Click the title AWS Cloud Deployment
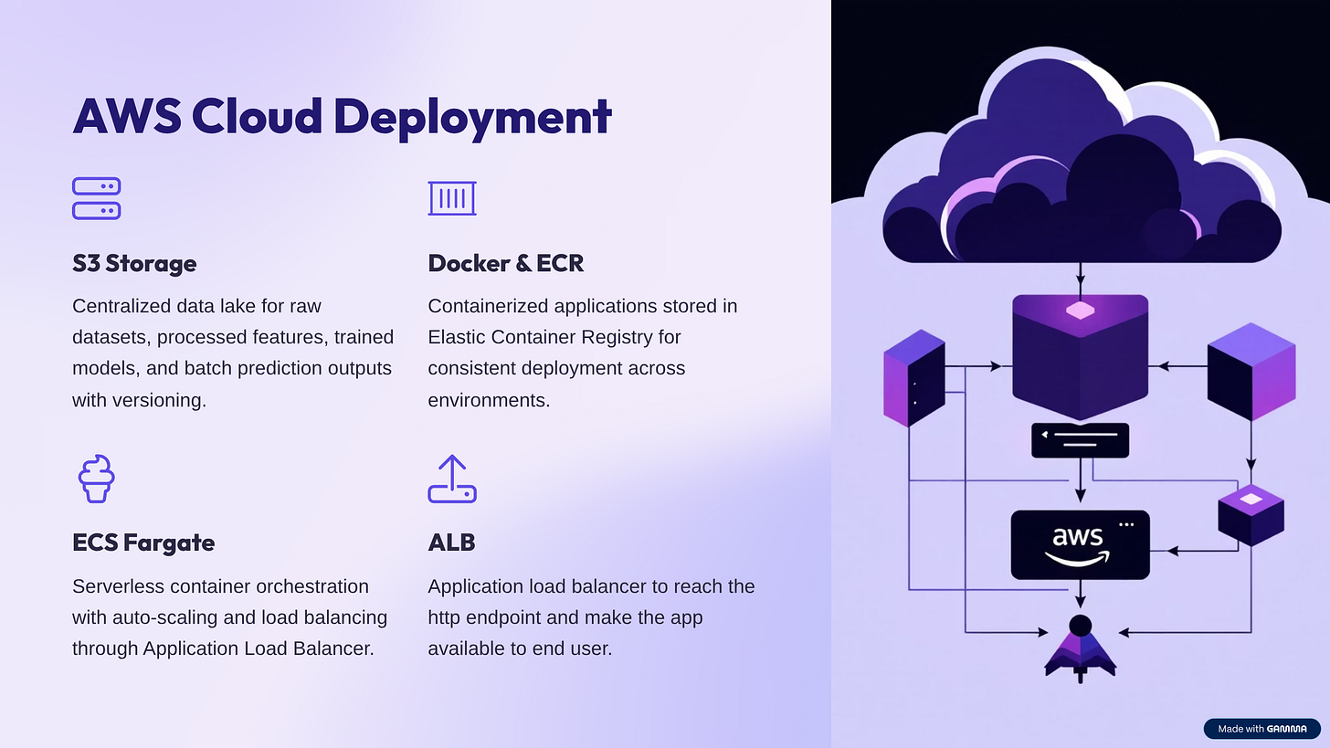pyautogui.click(x=342, y=117)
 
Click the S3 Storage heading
pyautogui.click(x=134, y=263)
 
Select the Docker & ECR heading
pyautogui.click(x=505, y=263)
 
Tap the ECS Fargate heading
pyautogui.click(x=143, y=543)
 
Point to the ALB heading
pyautogui.click(x=451, y=543)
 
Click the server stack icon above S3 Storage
pyautogui.click(x=96, y=198)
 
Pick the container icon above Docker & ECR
pyautogui.click(x=452, y=198)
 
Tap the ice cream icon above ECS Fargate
pyautogui.click(x=96, y=479)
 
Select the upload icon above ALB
pyautogui.click(x=452, y=479)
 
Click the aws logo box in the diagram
pyautogui.click(x=1080, y=544)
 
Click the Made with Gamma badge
pyautogui.click(x=1261, y=729)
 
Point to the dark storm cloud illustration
pyautogui.click(x=1081, y=174)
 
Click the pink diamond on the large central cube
pyautogui.click(x=1080, y=311)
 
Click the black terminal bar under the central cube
pyautogui.click(x=1080, y=440)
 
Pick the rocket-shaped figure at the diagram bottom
pyautogui.click(x=1080, y=649)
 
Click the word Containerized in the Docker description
pyautogui.click(x=484, y=306)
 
